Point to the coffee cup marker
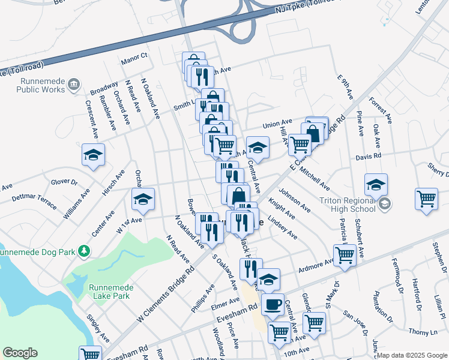[273, 304]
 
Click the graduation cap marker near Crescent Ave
[93, 155]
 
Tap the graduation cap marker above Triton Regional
[376, 185]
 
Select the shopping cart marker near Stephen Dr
[426, 199]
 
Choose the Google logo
[20, 353]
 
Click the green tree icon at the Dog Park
[85, 250]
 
